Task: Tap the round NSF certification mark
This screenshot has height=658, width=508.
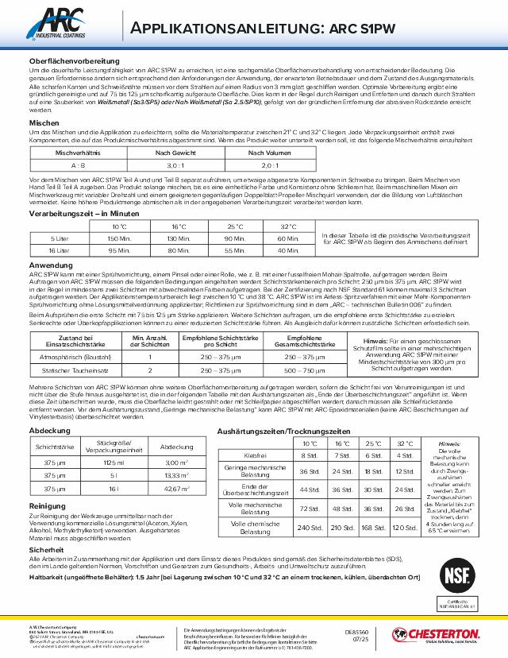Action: pyautogui.click(x=455, y=575)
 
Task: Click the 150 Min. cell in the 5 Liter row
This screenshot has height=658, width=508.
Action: pyautogui.click(x=119, y=238)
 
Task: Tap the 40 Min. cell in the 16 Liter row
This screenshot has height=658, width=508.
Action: pyautogui.click(x=288, y=250)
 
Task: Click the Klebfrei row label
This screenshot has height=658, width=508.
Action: pyautogui.click(x=256, y=455)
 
